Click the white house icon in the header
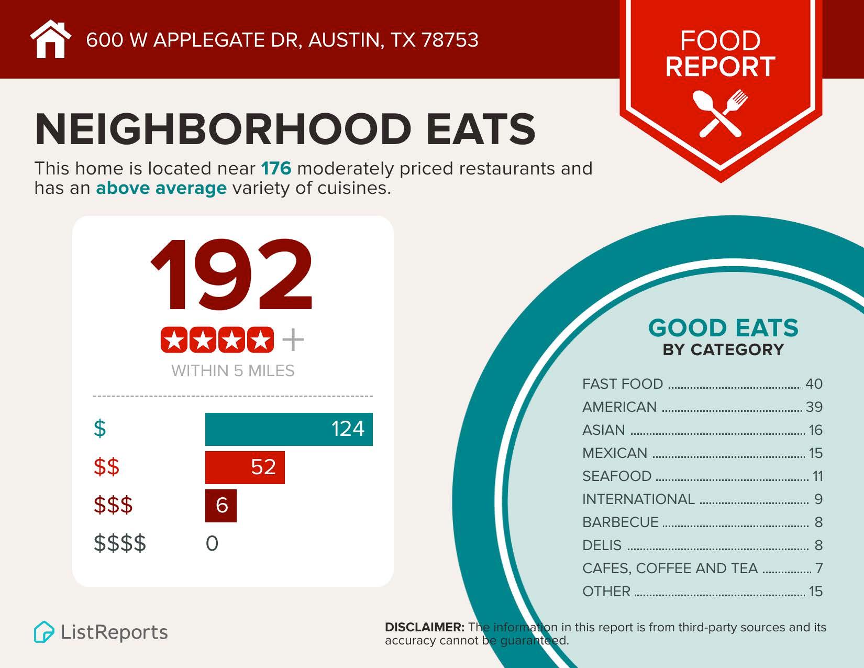[x=50, y=40]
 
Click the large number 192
[x=232, y=275]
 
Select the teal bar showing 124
[x=289, y=429]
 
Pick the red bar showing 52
[x=245, y=467]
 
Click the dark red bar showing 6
[x=221, y=506]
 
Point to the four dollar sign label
[x=120, y=543]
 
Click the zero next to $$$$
[x=212, y=543]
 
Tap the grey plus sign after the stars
[x=293, y=341]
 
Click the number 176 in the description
[x=276, y=169]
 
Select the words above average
[x=161, y=188]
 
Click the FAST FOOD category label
[x=622, y=384]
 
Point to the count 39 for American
[x=814, y=407]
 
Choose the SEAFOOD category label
[x=616, y=476]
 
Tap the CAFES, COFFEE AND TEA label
[x=670, y=568]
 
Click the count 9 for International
[x=818, y=499]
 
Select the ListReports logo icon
[x=44, y=632]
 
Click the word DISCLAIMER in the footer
[x=424, y=627]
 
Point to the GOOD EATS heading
[x=723, y=328]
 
